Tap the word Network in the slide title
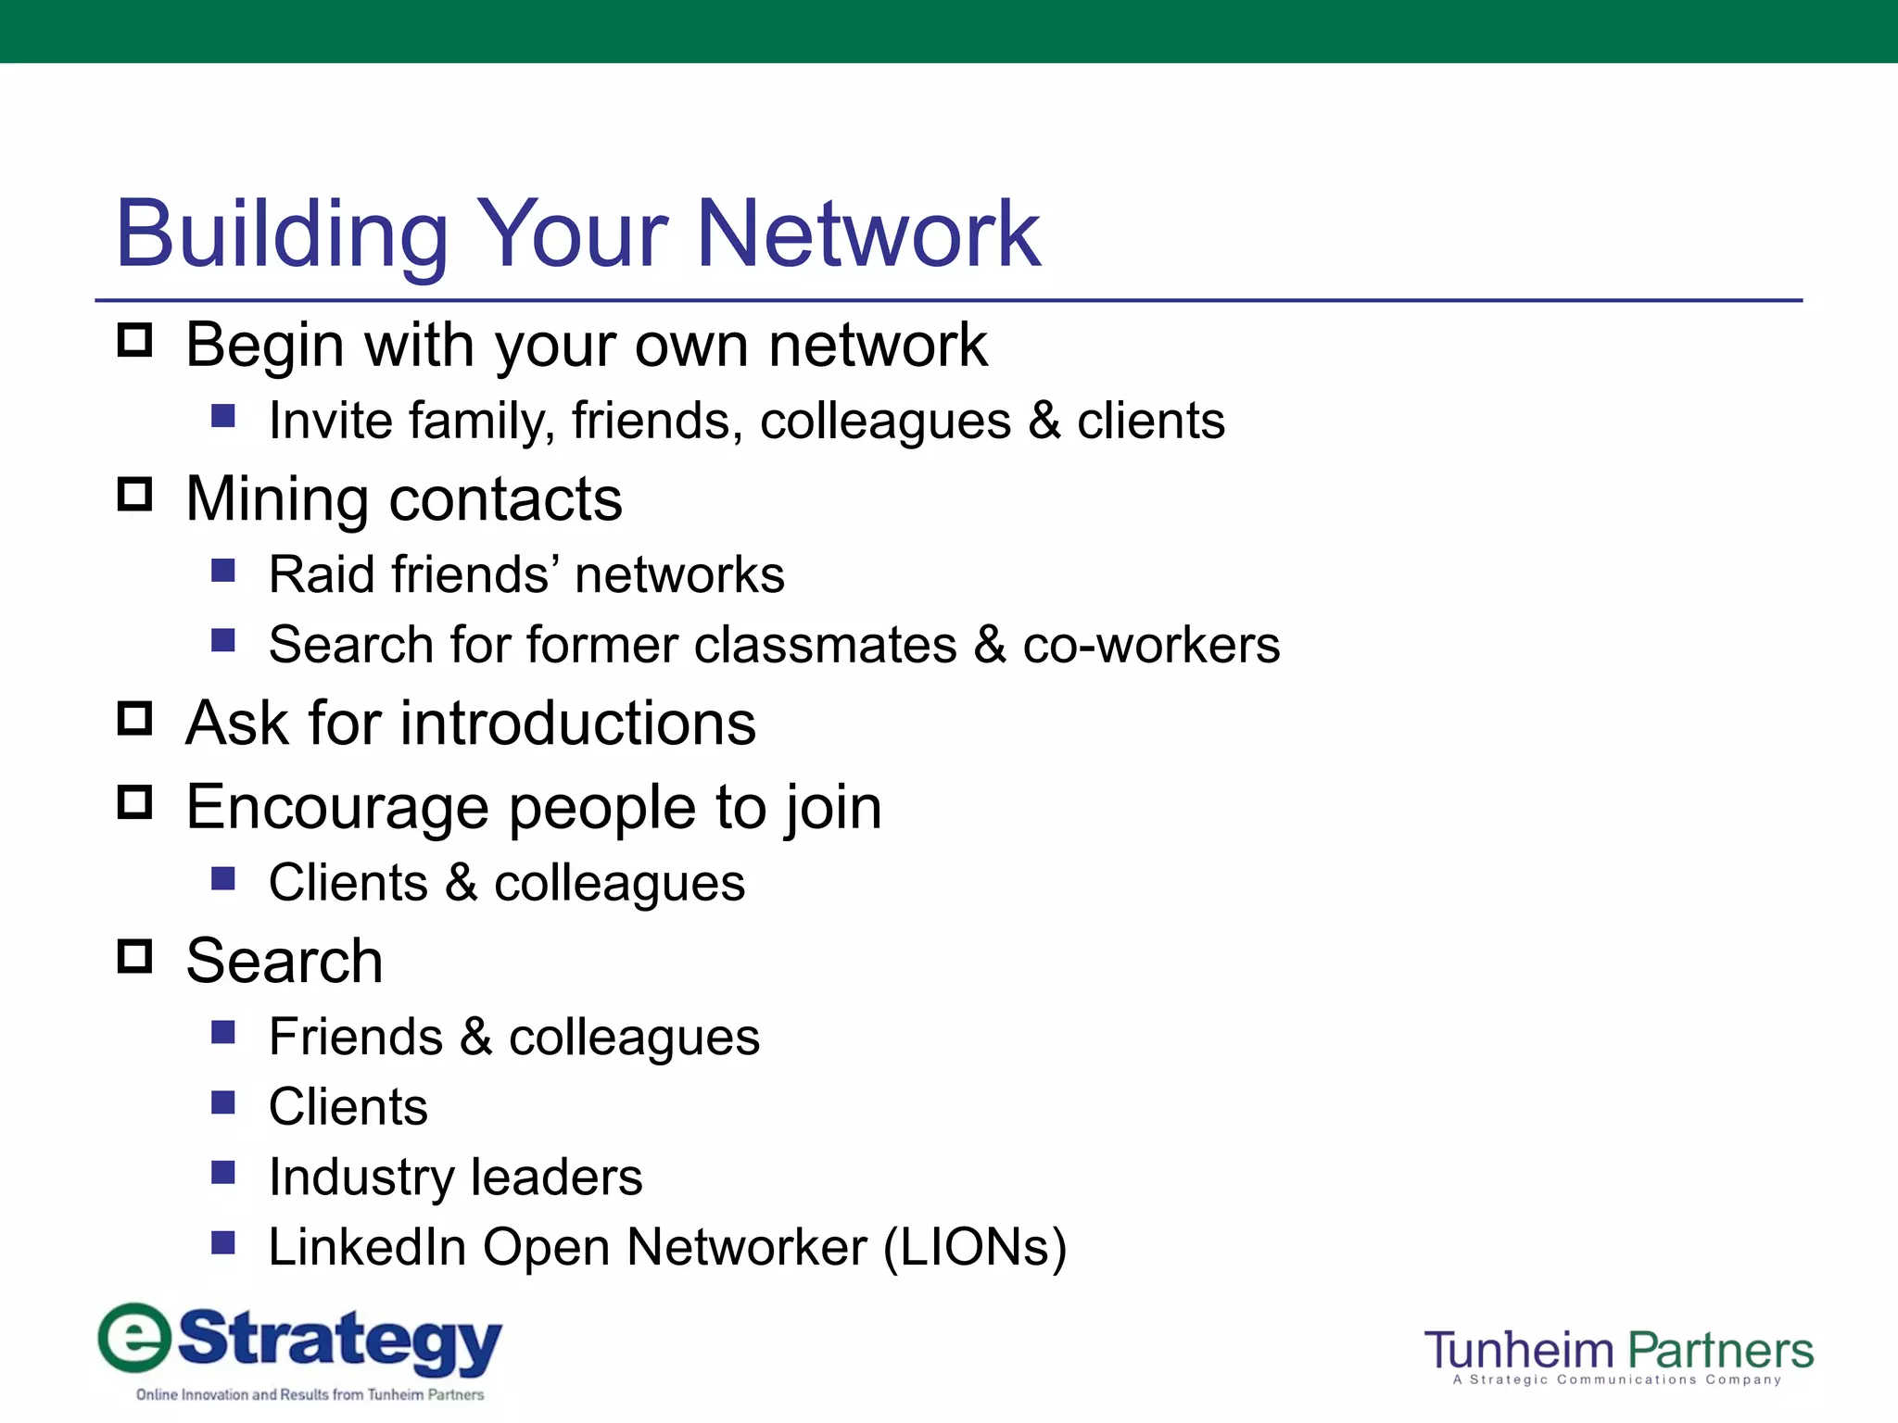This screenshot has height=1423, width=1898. (867, 235)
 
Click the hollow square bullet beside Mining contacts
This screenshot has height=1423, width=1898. (135, 495)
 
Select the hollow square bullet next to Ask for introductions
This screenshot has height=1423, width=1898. (135, 718)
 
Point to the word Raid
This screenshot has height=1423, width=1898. (323, 574)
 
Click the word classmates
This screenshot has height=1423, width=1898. (825, 645)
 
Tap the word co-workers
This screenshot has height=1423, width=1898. (1151, 645)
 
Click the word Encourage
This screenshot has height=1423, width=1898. (337, 808)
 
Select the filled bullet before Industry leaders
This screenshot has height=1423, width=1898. (223, 1173)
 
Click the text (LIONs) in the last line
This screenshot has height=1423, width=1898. (975, 1247)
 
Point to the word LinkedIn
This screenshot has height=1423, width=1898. (367, 1247)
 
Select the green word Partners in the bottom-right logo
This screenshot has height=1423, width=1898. (1720, 1351)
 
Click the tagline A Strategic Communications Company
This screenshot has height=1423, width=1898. (1616, 1380)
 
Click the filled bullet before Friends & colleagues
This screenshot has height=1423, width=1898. (223, 1032)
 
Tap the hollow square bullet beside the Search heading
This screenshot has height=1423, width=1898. (135, 956)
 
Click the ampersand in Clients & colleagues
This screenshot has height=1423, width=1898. (461, 883)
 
